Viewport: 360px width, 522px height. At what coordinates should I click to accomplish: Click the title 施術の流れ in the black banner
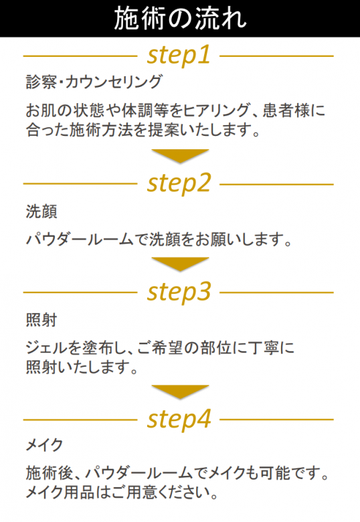click(x=180, y=19)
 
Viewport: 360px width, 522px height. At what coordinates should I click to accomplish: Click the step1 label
click(x=179, y=56)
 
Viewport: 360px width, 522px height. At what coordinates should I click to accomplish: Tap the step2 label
click(x=179, y=183)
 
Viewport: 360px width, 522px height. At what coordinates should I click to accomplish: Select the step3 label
click(x=179, y=292)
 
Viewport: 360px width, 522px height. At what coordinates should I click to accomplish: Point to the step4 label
click(x=179, y=419)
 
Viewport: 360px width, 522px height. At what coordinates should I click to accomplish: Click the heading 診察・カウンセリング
click(x=94, y=82)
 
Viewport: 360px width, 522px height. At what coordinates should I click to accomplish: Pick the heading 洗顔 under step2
click(x=41, y=211)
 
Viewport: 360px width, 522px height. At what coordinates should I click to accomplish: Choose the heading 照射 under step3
click(x=41, y=320)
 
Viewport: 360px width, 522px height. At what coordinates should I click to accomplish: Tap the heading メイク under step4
click(x=45, y=445)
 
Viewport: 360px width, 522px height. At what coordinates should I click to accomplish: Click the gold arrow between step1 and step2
click(x=180, y=155)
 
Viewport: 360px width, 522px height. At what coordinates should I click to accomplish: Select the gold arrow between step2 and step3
click(x=180, y=263)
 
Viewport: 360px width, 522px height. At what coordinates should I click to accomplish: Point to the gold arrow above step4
click(x=180, y=391)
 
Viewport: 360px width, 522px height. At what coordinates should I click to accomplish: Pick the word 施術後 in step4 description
click(x=50, y=472)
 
